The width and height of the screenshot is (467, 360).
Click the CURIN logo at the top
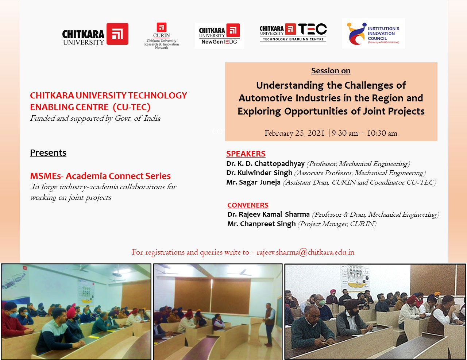click(x=162, y=36)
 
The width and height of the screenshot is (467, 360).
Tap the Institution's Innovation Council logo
click(x=374, y=34)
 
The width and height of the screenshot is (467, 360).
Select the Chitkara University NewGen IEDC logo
click(x=219, y=35)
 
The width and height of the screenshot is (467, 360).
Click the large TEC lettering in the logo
click(x=312, y=29)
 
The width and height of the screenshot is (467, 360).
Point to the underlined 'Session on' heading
click(x=331, y=71)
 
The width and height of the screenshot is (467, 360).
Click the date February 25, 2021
click(x=294, y=133)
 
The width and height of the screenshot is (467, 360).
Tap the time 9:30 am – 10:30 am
click(x=364, y=133)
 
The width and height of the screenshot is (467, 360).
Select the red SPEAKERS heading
click(x=246, y=154)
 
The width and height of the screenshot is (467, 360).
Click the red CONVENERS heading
click(x=248, y=205)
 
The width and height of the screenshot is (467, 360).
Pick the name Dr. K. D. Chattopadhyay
click(x=265, y=164)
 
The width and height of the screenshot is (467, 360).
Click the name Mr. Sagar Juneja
click(x=253, y=182)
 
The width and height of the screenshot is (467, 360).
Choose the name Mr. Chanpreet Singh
click(x=262, y=224)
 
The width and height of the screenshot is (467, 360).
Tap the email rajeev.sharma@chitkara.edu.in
click(x=305, y=252)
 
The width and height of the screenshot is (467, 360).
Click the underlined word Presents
click(x=48, y=153)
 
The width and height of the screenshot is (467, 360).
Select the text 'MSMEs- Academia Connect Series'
click(x=100, y=176)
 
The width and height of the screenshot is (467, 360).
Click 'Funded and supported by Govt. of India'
click(x=95, y=119)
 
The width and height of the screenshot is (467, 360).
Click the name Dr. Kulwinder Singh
click(x=259, y=173)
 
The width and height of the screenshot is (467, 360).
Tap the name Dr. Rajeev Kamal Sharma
click(x=269, y=214)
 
